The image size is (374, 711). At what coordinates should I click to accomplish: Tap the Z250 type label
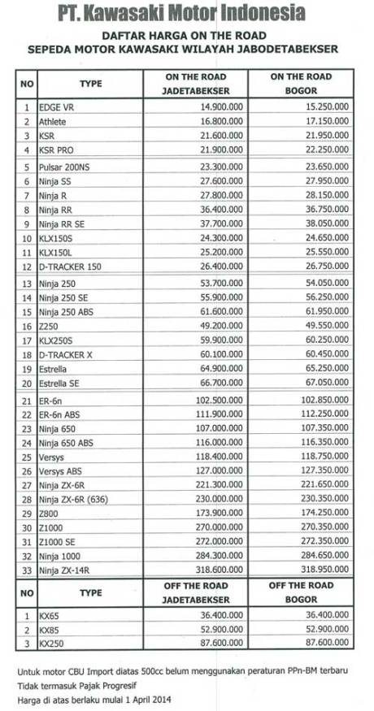click(x=48, y=326)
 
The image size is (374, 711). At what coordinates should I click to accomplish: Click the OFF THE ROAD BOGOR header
click(x=300, y=592)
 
